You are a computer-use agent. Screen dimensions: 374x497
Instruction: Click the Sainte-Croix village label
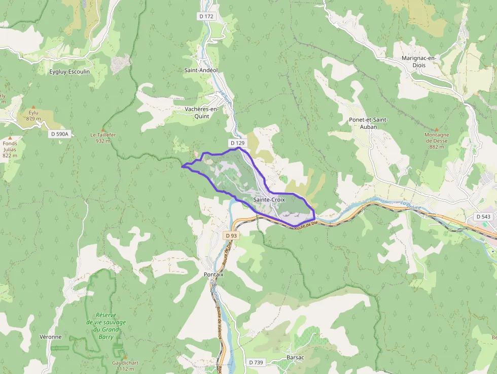click(269, 200)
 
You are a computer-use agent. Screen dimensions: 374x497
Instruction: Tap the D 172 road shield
click(206, 16)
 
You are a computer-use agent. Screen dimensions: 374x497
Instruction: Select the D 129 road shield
click(237, 143)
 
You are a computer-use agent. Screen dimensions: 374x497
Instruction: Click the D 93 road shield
click(231, 235)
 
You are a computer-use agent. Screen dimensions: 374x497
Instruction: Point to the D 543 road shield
click(483, 217)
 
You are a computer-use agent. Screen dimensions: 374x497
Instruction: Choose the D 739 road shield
click(257, 362)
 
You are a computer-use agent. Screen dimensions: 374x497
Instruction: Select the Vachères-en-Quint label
click(201, 112)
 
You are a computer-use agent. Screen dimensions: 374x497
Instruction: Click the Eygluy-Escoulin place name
click(69, 72)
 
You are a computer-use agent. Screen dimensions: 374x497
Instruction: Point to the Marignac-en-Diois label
click(419, 61)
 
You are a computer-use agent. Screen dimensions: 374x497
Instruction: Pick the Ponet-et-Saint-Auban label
click(368, 123)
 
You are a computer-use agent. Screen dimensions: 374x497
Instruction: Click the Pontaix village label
click(214, 274)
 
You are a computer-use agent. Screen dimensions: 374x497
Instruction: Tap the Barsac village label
click(295, 357)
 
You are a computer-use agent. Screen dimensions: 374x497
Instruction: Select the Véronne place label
click(50, 337)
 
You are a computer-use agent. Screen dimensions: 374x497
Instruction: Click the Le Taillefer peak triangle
click(103, 129)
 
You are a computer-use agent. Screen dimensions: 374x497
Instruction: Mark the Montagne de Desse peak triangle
click(436, 129)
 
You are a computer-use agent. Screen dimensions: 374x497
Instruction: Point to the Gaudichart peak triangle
click(124, 357)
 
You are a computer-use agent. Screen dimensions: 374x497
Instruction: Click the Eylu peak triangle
click(33, 107)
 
